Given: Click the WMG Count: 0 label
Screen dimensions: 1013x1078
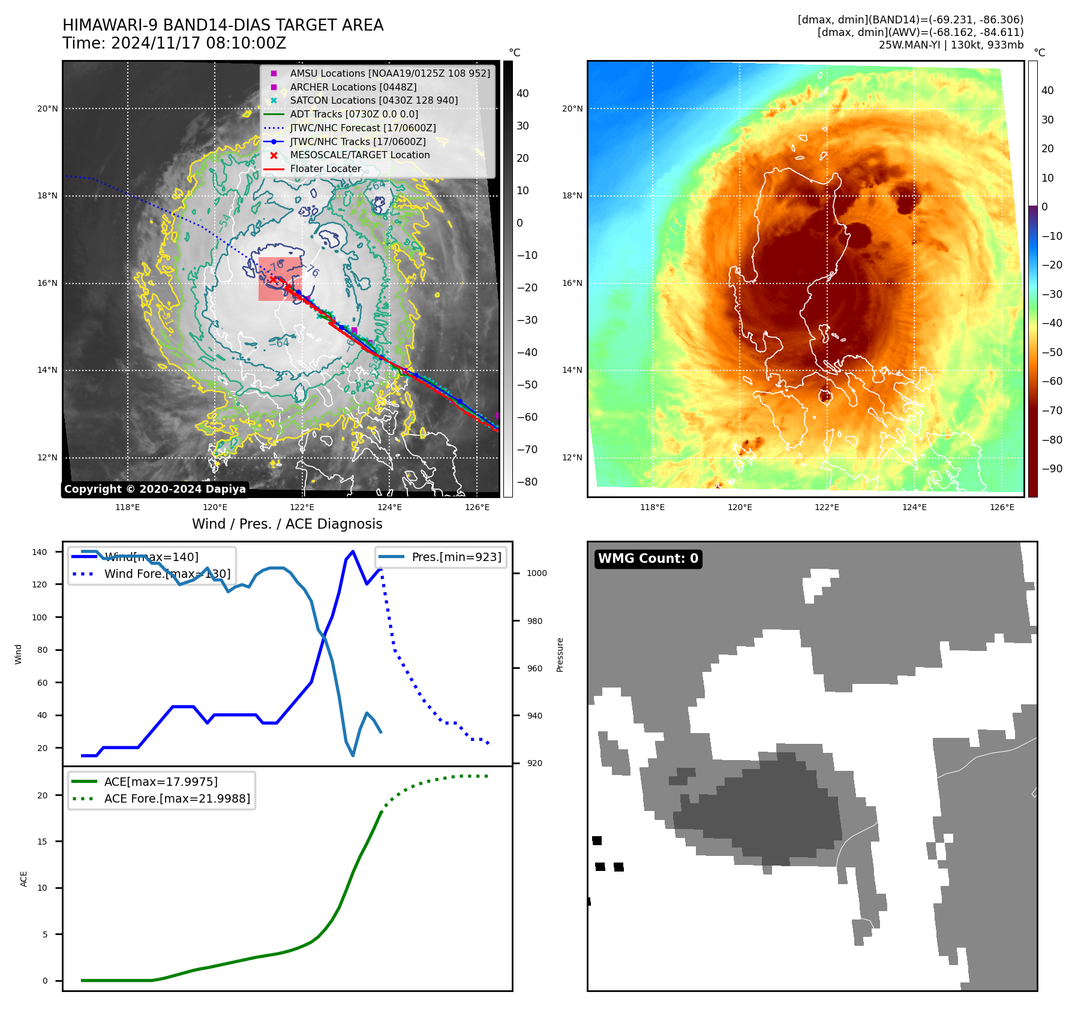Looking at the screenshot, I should point(648,559).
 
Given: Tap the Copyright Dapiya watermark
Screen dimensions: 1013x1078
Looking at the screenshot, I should point(155,489).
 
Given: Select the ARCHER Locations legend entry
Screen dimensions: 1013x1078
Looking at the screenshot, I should point(353,87).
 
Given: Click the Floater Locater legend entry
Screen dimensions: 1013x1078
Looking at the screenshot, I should point(325,169).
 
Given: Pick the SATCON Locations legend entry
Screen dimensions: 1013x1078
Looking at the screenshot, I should point(373,101).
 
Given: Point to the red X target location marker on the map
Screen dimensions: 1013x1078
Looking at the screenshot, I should point(273,279).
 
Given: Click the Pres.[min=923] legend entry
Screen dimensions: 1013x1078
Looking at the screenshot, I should point(456,557).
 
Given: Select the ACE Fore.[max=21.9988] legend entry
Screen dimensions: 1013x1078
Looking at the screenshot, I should point(177,798).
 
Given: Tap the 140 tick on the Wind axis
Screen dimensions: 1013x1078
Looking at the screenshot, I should point(40,552).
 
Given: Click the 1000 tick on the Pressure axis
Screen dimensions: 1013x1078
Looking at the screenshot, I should point(537,574).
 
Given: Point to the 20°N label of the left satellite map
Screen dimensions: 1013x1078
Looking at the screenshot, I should point(48,109).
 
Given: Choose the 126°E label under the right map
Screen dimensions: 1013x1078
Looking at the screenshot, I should point(1002,508).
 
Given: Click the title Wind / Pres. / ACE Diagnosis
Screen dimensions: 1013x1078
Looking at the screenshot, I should point(287,524).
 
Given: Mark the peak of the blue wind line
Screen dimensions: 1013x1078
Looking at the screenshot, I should point(353,551).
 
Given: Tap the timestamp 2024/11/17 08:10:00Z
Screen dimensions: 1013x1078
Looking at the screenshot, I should point(199,44).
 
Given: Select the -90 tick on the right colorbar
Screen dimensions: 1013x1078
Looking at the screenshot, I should point(1052,469).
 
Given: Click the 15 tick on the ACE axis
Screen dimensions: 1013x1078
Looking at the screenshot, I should point(42,842).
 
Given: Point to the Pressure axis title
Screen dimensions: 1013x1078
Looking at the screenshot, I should point(560,655).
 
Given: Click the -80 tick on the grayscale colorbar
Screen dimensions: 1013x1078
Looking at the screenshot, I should point(527,482).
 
